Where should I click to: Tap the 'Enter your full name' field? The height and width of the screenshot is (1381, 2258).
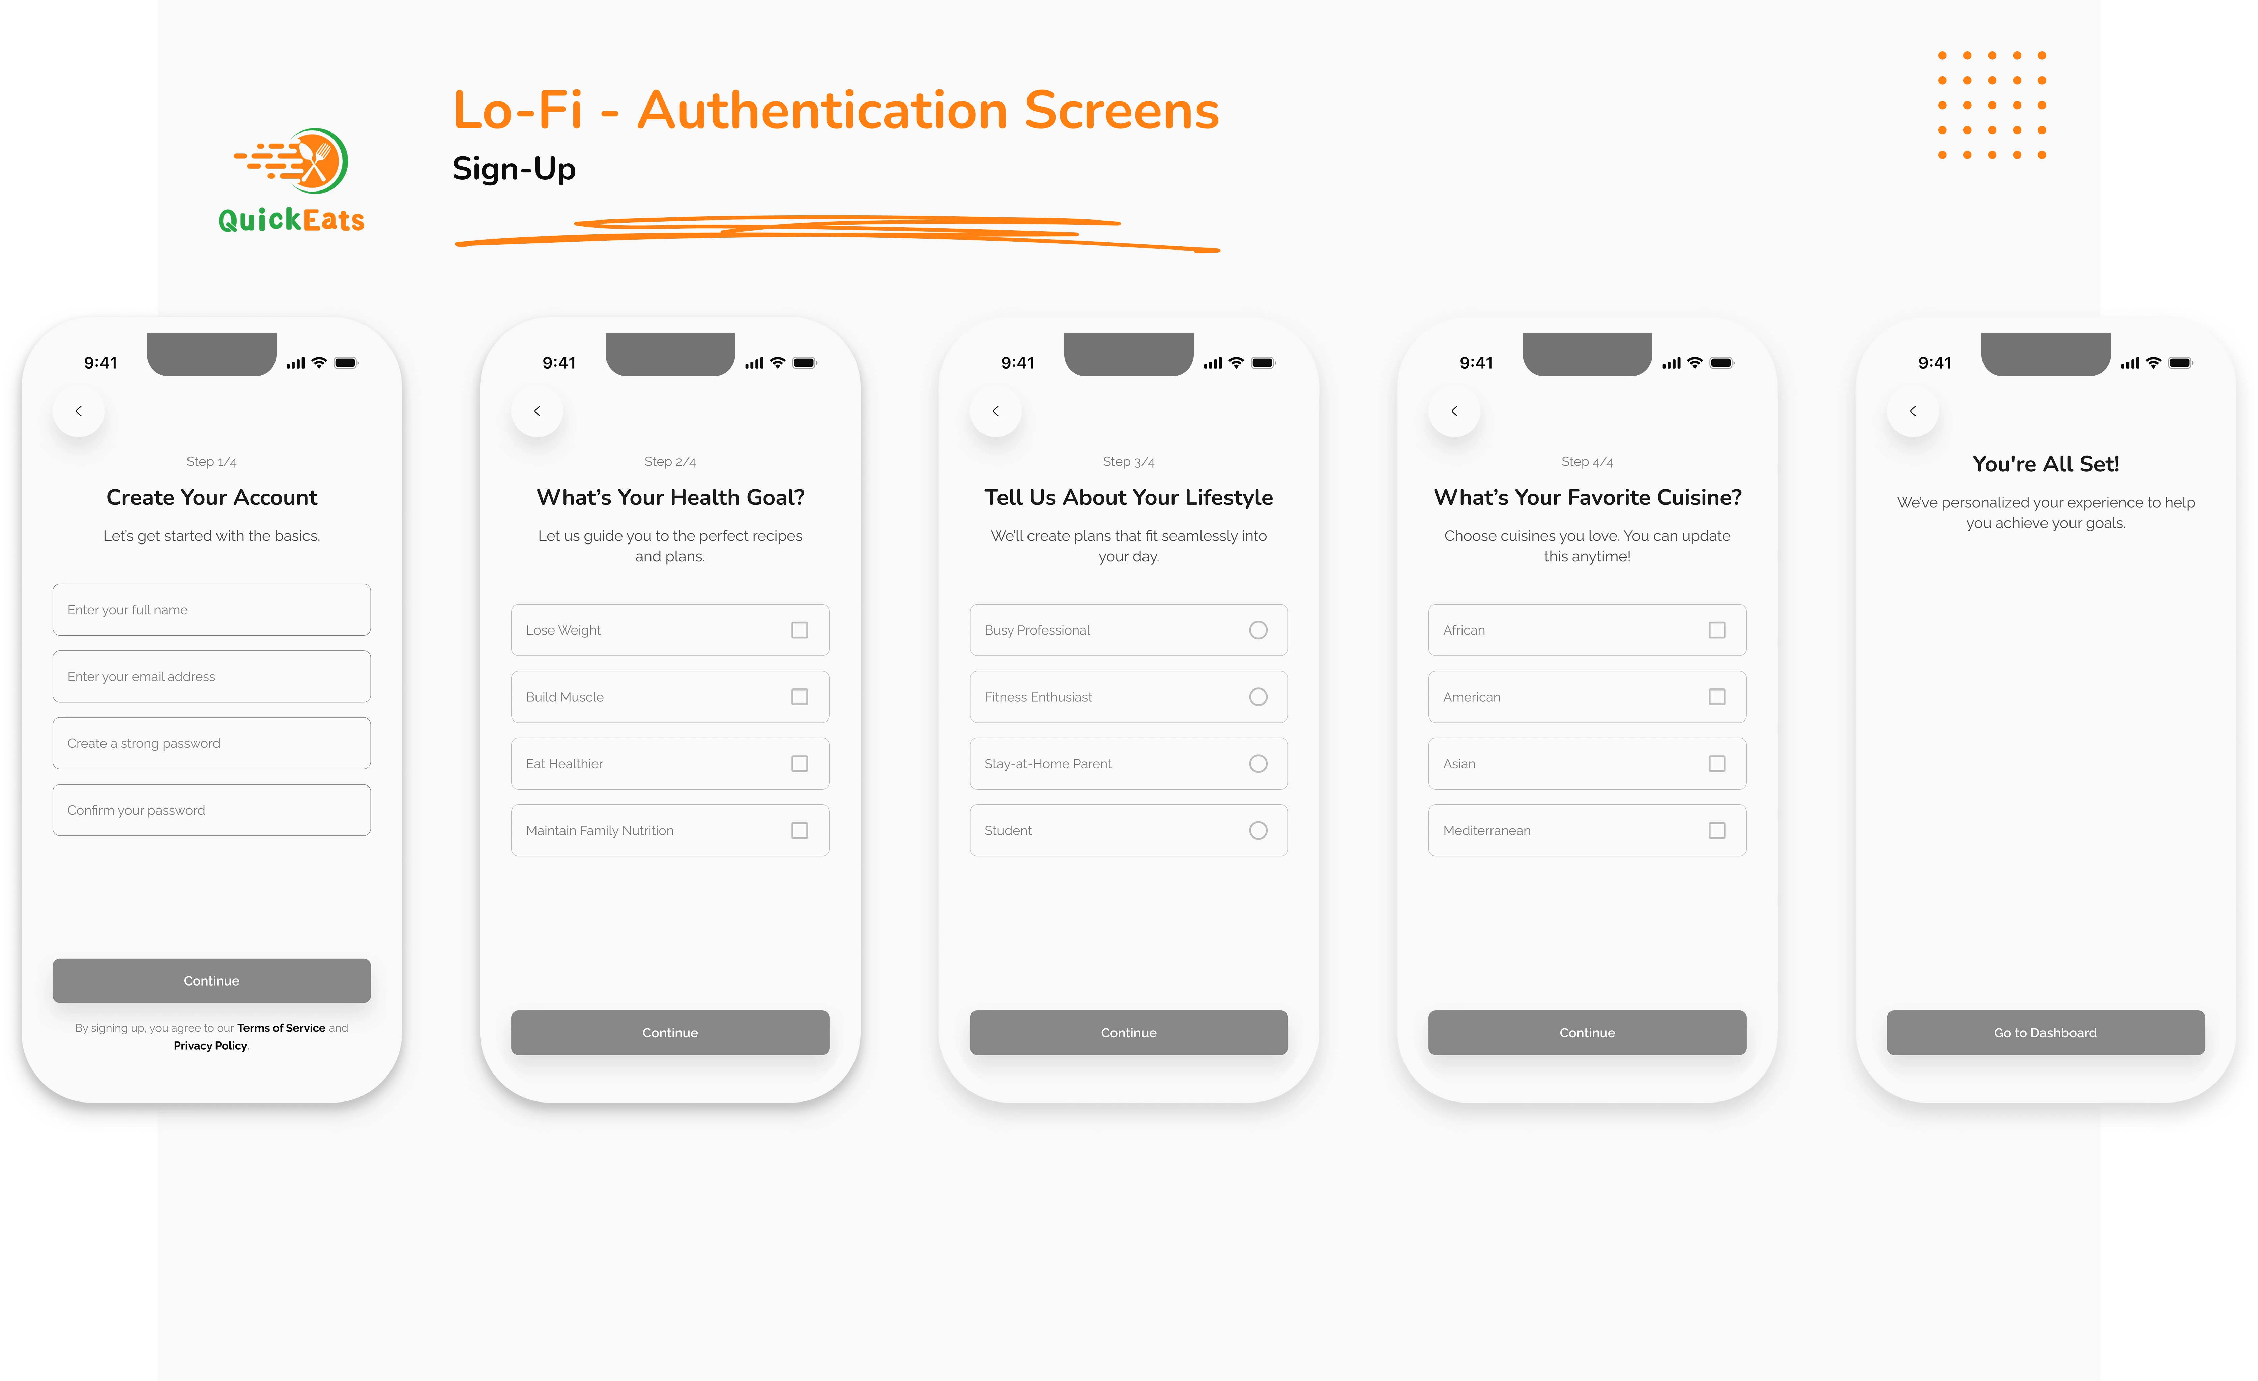(212, 609)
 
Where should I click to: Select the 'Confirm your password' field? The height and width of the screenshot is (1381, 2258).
(212, 810)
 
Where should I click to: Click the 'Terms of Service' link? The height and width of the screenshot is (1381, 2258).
(281, 1028)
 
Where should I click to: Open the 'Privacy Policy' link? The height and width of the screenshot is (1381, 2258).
(211, 1046)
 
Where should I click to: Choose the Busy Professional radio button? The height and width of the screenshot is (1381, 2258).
(1258, 630)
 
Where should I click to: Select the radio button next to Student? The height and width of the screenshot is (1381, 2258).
(1258, 830)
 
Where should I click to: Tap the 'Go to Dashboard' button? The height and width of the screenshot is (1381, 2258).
(2046, 1033)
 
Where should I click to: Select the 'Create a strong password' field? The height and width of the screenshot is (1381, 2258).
(212, 743)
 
